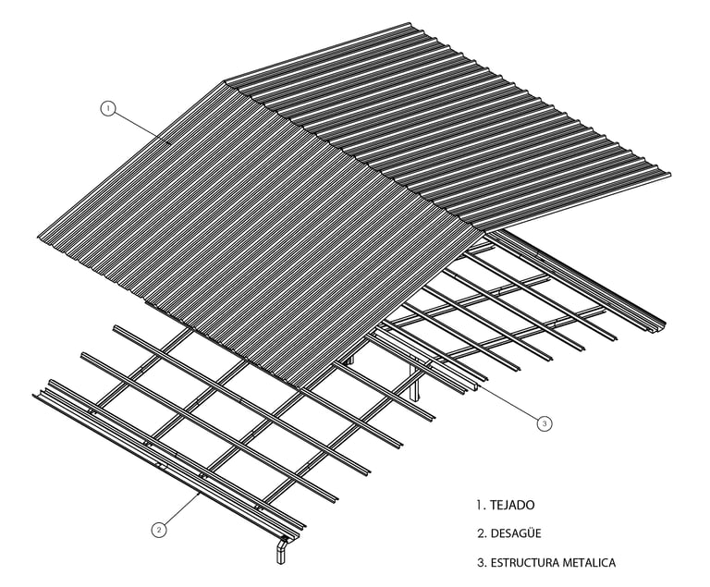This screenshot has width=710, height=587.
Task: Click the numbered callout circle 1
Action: [x=108, y=108]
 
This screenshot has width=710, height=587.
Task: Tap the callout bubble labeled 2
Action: [x=159, y=530]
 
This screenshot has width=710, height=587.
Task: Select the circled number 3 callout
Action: [x=545, y=422]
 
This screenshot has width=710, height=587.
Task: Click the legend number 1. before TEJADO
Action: [x=481, y=505]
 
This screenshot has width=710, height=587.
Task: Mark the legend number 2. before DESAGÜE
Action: [x=482, y=533]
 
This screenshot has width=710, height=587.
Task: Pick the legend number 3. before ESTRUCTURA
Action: [x=482, y=562]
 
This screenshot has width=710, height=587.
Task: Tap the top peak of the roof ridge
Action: [x=225, y=82]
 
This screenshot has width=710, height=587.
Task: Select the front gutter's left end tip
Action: [x=35, y=397]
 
